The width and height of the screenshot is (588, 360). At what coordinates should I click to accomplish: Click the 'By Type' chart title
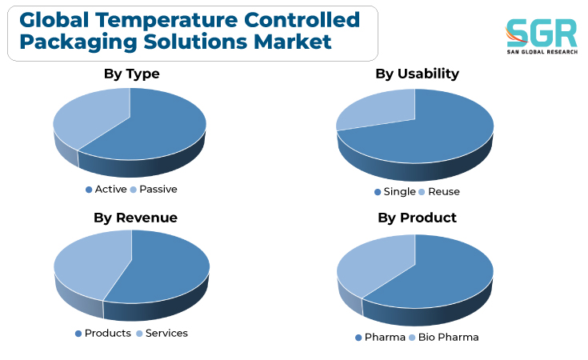[132, 74]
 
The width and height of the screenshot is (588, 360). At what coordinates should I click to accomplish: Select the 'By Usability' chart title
[417, 74]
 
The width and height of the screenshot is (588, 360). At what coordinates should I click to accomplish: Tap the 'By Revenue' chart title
[135, 218]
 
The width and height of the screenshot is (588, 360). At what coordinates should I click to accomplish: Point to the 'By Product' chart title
[417, 218]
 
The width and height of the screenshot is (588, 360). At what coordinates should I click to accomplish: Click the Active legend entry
[106, 190]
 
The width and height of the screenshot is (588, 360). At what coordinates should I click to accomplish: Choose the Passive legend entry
[154, 190]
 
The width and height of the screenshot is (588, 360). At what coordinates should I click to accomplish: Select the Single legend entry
[395, 192]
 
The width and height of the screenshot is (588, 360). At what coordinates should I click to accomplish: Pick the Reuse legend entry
[439, 192]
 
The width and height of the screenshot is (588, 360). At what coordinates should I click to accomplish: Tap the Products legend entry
[103, 333]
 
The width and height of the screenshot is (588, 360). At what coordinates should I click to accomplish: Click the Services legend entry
[162, 333]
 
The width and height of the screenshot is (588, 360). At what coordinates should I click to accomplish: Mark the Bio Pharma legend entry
[444, 337]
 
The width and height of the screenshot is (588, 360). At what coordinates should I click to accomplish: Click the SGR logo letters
[541, 33]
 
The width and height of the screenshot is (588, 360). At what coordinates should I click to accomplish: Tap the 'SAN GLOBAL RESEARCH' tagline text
[542, 52]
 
